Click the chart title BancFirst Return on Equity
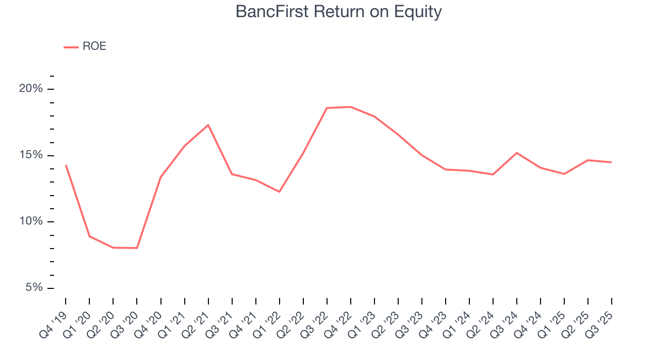point(339,12)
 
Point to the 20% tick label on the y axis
point(31,89)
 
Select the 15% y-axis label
point(31,155)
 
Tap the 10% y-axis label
point(31,222)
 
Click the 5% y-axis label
point(33,288)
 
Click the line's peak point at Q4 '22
point(350,107)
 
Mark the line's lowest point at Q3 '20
point(137,248)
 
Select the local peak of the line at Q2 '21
point(208,125)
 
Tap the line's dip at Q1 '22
point(279,192)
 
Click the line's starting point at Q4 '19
point(66,165)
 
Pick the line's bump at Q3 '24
point(517,153)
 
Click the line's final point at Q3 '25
point(612,162)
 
